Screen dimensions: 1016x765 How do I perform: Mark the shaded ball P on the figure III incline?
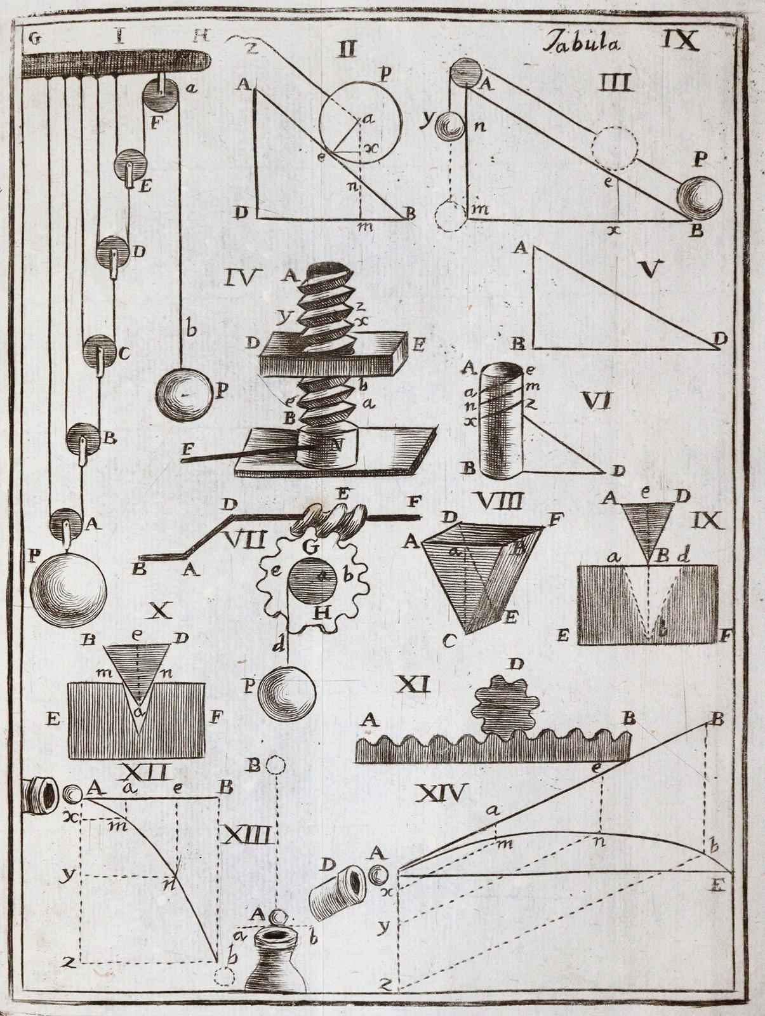(699, 198)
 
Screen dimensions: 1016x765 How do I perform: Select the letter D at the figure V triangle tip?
(719, 340)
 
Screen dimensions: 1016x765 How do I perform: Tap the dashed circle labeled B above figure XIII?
(274, 765)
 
